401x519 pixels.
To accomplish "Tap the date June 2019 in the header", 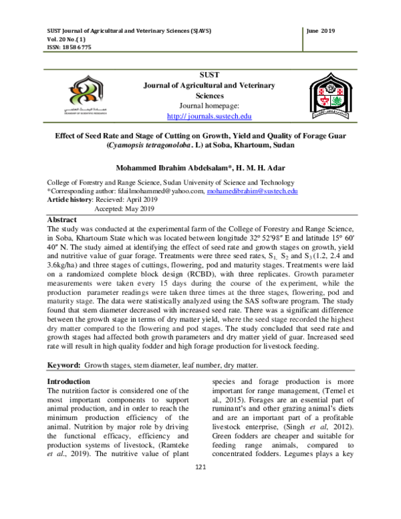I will point(320,31).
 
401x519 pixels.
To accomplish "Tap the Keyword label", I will point(63,365).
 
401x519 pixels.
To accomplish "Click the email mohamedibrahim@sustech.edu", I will point(251,191).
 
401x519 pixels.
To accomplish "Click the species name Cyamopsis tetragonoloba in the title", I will point(158,144).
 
